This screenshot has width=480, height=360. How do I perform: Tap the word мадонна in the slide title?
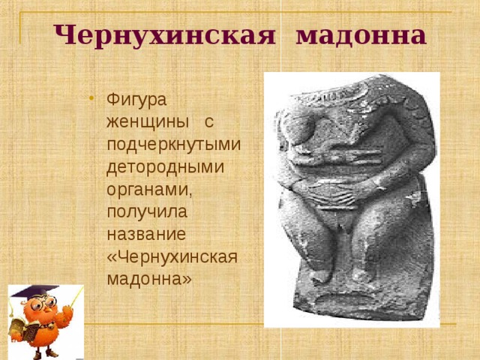[361, 34]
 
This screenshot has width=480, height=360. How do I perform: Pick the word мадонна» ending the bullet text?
[149, 277]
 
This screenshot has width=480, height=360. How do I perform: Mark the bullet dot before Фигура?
[90, 97]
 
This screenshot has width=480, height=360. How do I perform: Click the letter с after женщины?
[209, 121]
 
